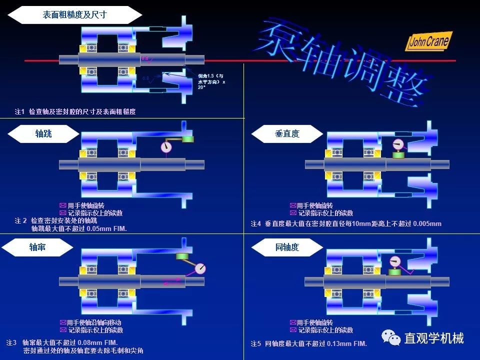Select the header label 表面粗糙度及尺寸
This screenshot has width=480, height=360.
(74, 15)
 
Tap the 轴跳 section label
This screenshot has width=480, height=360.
(43, 134)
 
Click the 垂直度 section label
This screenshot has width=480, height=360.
(287, 134)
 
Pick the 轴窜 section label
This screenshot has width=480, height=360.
(37, 247)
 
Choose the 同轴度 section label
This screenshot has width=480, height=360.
(287, 247)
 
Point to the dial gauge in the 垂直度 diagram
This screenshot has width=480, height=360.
(398, 144)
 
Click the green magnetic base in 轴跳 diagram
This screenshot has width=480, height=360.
(188, 139)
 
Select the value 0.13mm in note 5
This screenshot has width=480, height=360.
(339, 344)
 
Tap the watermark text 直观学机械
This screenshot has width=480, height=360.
(434, 338)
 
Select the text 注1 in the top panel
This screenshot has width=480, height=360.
(19, 112)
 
